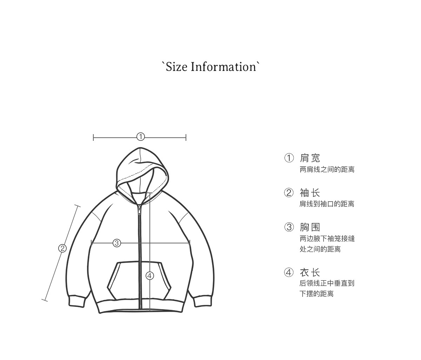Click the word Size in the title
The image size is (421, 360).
tap(176, 67)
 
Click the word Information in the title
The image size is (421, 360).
tap(223, 67)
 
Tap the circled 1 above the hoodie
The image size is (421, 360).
tap(140, 137)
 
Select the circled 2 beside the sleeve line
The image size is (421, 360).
tap(62, 248)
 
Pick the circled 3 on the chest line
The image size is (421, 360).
tap(117, 243)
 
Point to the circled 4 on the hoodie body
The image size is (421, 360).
tap(150, 276)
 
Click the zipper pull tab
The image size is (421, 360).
tap(139, 210)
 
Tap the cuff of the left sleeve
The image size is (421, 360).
tap(76, 301)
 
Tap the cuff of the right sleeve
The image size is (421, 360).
tap(203, 301)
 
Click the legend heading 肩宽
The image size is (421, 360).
tap(310, 158)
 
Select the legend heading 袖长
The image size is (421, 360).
tap(310, 193)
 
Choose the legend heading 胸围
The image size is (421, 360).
tap(310, 227)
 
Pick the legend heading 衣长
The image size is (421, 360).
tap(310, 272)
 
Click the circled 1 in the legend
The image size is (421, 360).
tap(289, 158)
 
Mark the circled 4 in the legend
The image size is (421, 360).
tap(289, 272)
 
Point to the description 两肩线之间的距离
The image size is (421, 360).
tap(327, 170)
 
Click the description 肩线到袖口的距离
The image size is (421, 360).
tap(327, 204)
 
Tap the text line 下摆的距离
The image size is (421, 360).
tap(316, 294)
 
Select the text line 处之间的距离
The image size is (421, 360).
tap(320, 249)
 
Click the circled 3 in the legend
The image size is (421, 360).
tap(289, 227)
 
